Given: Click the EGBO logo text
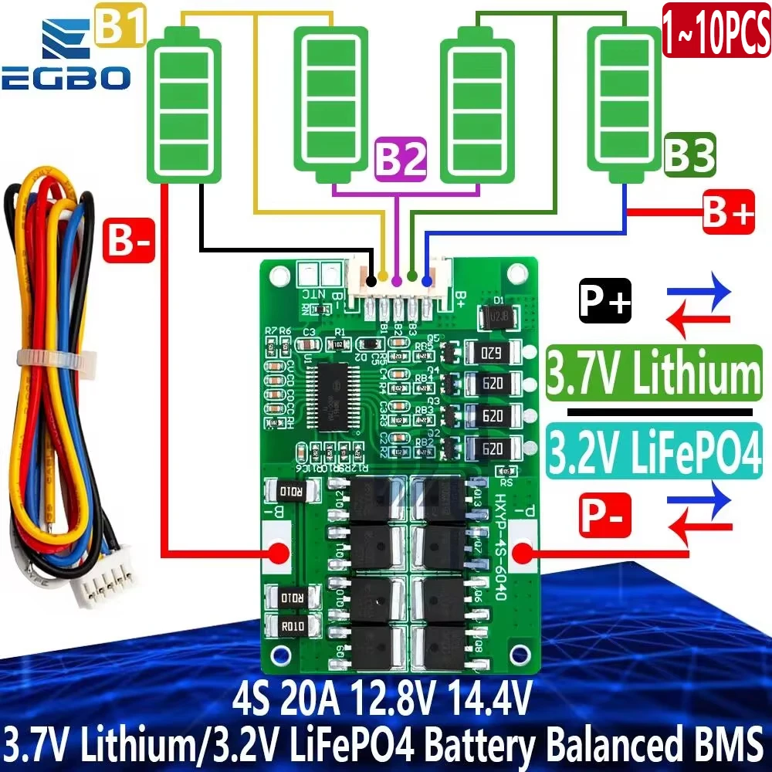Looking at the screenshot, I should click(x=65, y=78).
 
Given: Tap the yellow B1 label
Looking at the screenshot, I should click(x=119, y=29).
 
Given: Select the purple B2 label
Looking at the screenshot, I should click(x=400, y=161).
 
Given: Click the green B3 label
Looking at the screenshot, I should click(x=689, y=154).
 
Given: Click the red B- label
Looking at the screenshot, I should click(x=128, y=240).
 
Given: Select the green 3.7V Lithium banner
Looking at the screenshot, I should click(x=653, y=373).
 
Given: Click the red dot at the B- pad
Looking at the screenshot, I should click(x=277, y=553).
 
